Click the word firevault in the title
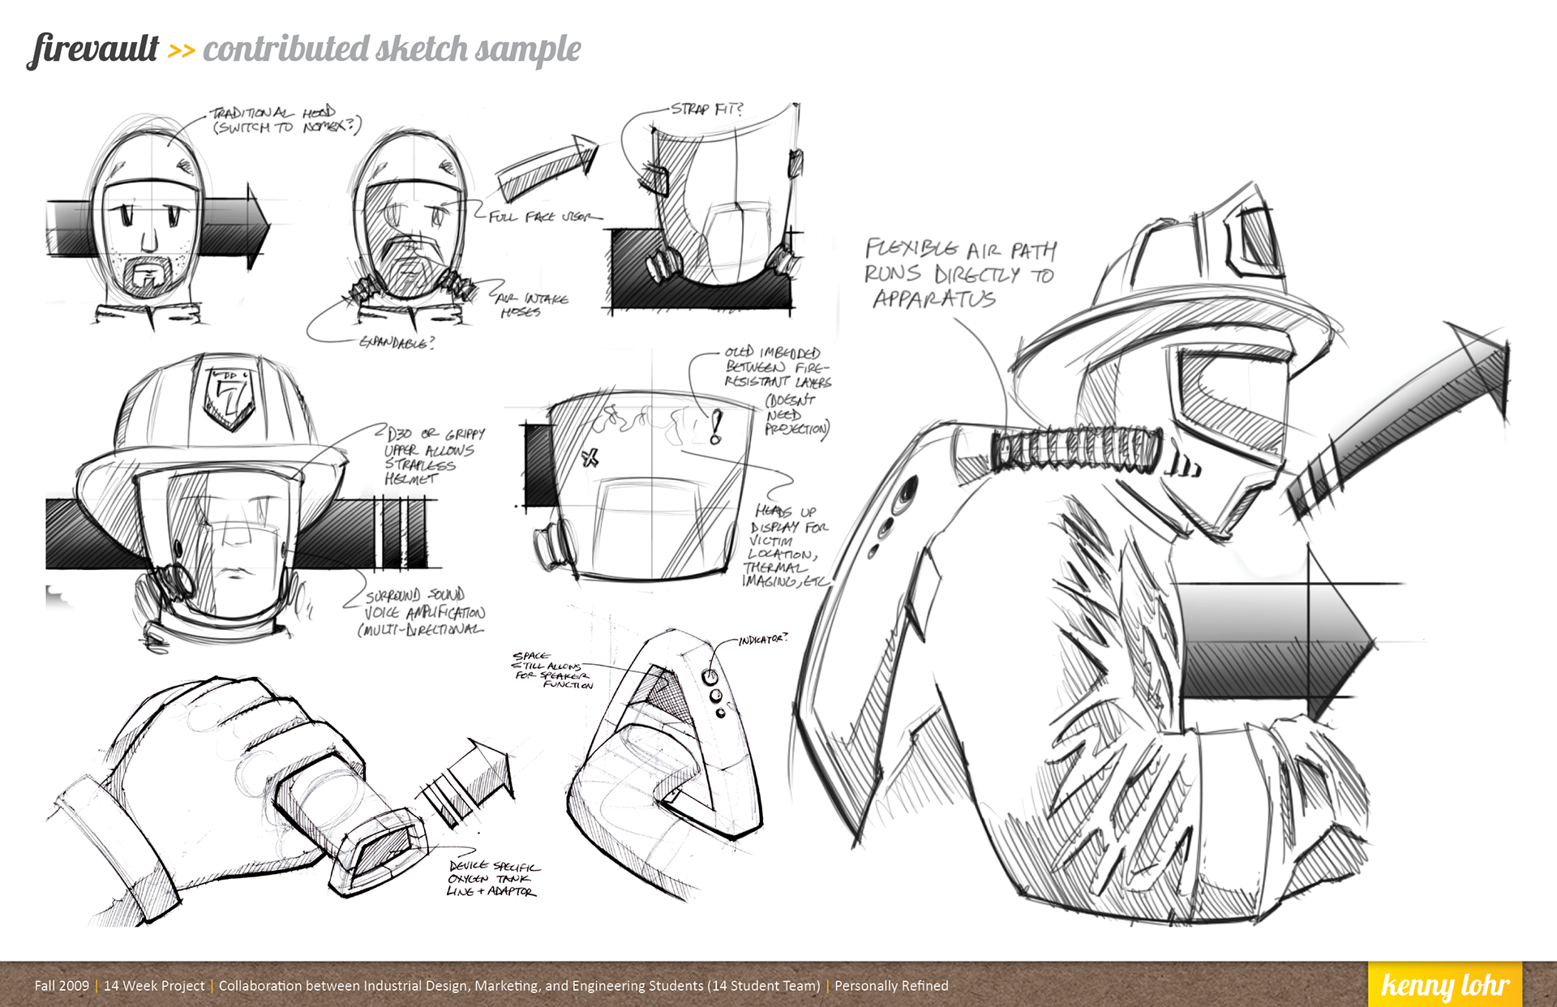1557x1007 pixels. [x=94, y=49]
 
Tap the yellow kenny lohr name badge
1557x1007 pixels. [x=1444, y=984]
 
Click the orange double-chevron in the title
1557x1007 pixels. [x=181, y=51]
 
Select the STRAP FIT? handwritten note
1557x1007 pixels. [x=706, y=109]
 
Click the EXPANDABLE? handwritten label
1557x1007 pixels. [x=397, y=342]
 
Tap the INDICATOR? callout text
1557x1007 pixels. [x=762, y=640]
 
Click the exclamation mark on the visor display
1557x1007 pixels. [x=715, y=426]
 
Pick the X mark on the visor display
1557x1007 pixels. [x=590, y=458]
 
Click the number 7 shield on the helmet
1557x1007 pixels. [x=231, y=396]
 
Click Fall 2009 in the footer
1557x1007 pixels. [x=62, y=986]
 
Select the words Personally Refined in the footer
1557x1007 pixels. [x=891, y=986]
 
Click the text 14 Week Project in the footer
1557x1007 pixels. [x=154, y=986]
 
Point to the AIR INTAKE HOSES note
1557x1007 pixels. [x=531, y=305]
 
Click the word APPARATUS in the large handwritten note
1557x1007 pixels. [x=934, y=299]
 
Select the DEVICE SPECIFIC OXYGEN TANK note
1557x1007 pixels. [x=493, y=879]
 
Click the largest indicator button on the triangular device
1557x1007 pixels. [x=710, y=676]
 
